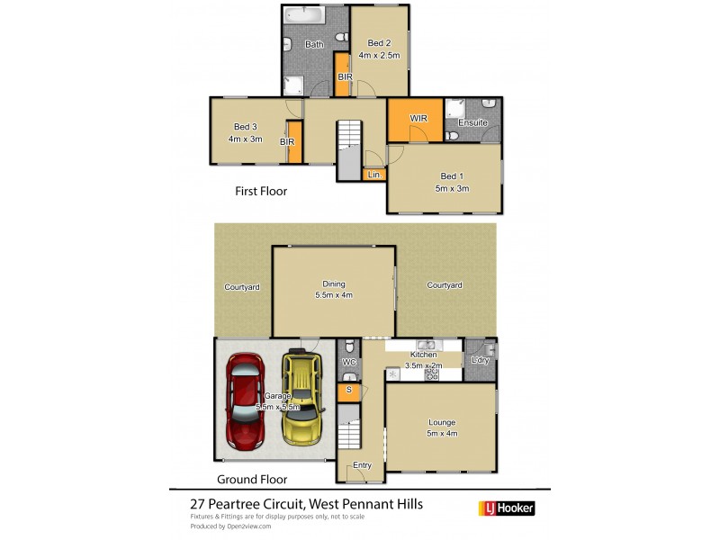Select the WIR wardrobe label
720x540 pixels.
[x=418, y=118]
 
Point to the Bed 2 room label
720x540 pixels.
[x=378, y=49]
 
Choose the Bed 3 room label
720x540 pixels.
[x=245, y=132]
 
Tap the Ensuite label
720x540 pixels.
[x=472, y=122]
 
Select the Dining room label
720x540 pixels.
[x=333, y=289]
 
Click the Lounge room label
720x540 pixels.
[x=441, y=427]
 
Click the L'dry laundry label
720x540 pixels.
[x=481, y=361]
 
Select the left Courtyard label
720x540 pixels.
[x=242, y=287]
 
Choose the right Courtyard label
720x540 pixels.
[x=445, y=285]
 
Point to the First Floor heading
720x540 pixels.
[x=261, y=192]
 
